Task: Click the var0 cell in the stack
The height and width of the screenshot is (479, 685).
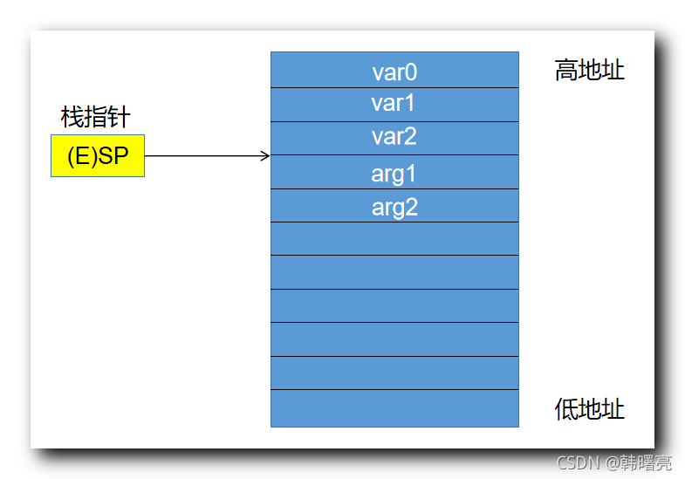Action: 394,71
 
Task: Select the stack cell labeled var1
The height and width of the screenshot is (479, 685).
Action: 394,105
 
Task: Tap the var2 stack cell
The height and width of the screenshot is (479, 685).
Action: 394,138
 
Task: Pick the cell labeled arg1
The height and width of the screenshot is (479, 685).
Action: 394,173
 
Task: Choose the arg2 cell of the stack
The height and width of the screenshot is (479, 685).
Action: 394,206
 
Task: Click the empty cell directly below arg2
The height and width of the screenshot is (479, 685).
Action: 394,239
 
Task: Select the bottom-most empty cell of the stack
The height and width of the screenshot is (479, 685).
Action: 394,408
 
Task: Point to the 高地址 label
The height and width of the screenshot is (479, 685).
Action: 590,71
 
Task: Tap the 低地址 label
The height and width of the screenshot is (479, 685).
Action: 590,408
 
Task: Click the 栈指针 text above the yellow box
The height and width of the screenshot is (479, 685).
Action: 96,117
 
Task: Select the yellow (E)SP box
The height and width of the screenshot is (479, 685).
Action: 98,156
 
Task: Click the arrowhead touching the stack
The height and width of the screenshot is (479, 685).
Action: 265,156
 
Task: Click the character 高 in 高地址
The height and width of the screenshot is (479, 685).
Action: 567,71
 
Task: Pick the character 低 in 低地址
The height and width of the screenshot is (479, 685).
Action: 567,408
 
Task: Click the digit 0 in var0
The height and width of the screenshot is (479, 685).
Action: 411,72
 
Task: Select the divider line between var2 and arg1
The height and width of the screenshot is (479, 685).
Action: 394,155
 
